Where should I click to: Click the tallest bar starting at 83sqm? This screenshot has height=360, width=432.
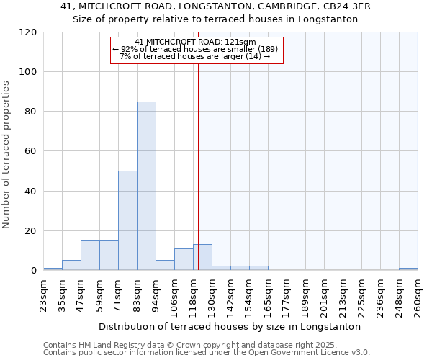(146, 186)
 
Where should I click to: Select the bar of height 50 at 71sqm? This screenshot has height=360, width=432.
(127, 220)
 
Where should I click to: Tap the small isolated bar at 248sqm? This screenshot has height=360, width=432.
(408, 269)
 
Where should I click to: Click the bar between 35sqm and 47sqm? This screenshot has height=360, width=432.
(71, 265)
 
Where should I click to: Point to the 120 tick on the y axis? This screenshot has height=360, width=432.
(29, 32)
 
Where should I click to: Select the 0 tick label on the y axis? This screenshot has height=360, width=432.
(34, 271)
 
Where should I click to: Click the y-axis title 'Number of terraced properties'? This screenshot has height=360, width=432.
(6, 155)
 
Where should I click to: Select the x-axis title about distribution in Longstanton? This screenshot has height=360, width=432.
(230, 326)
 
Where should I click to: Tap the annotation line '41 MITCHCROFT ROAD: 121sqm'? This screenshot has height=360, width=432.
(195, 42)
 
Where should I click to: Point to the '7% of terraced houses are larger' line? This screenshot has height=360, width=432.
(195, 56)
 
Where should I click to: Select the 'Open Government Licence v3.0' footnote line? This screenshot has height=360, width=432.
(207, 352)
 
